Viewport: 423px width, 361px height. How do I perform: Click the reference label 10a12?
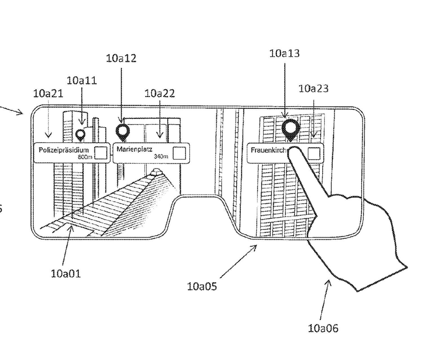121,58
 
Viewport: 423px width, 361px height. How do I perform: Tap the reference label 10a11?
82,81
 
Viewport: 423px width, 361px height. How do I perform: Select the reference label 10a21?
48,94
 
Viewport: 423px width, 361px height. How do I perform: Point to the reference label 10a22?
160,93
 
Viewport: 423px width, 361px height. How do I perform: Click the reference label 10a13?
284,53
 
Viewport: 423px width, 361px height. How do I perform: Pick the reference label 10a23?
313,89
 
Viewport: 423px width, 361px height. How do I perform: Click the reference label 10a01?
66,274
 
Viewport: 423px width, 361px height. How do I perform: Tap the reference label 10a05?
202,287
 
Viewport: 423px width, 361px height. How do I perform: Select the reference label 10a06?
323,329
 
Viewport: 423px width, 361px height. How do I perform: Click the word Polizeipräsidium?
64,150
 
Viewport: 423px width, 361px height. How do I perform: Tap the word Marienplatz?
134,149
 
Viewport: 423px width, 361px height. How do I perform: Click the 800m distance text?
85,157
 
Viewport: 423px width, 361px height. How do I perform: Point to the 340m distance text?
161,156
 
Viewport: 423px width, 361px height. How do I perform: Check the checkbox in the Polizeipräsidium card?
101,153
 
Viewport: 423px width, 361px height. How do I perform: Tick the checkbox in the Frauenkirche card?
314,153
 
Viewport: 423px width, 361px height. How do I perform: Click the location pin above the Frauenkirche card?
290,129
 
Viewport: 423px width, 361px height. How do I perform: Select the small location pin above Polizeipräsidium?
81,135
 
